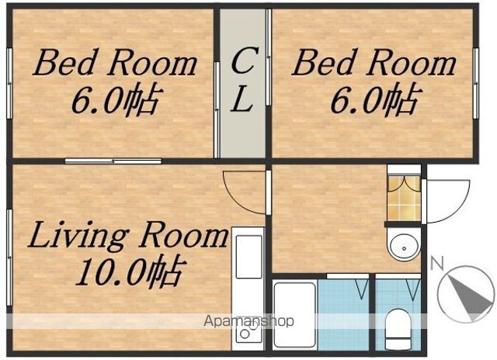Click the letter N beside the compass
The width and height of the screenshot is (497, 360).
436,263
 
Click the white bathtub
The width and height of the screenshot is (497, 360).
295,315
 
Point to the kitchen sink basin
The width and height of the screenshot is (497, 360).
249,256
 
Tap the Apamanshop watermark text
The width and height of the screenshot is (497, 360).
248,321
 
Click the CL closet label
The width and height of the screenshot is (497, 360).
242,79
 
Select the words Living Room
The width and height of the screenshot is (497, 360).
128,237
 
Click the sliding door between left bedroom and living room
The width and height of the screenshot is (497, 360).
113,161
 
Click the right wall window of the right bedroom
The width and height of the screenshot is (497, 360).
476,83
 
